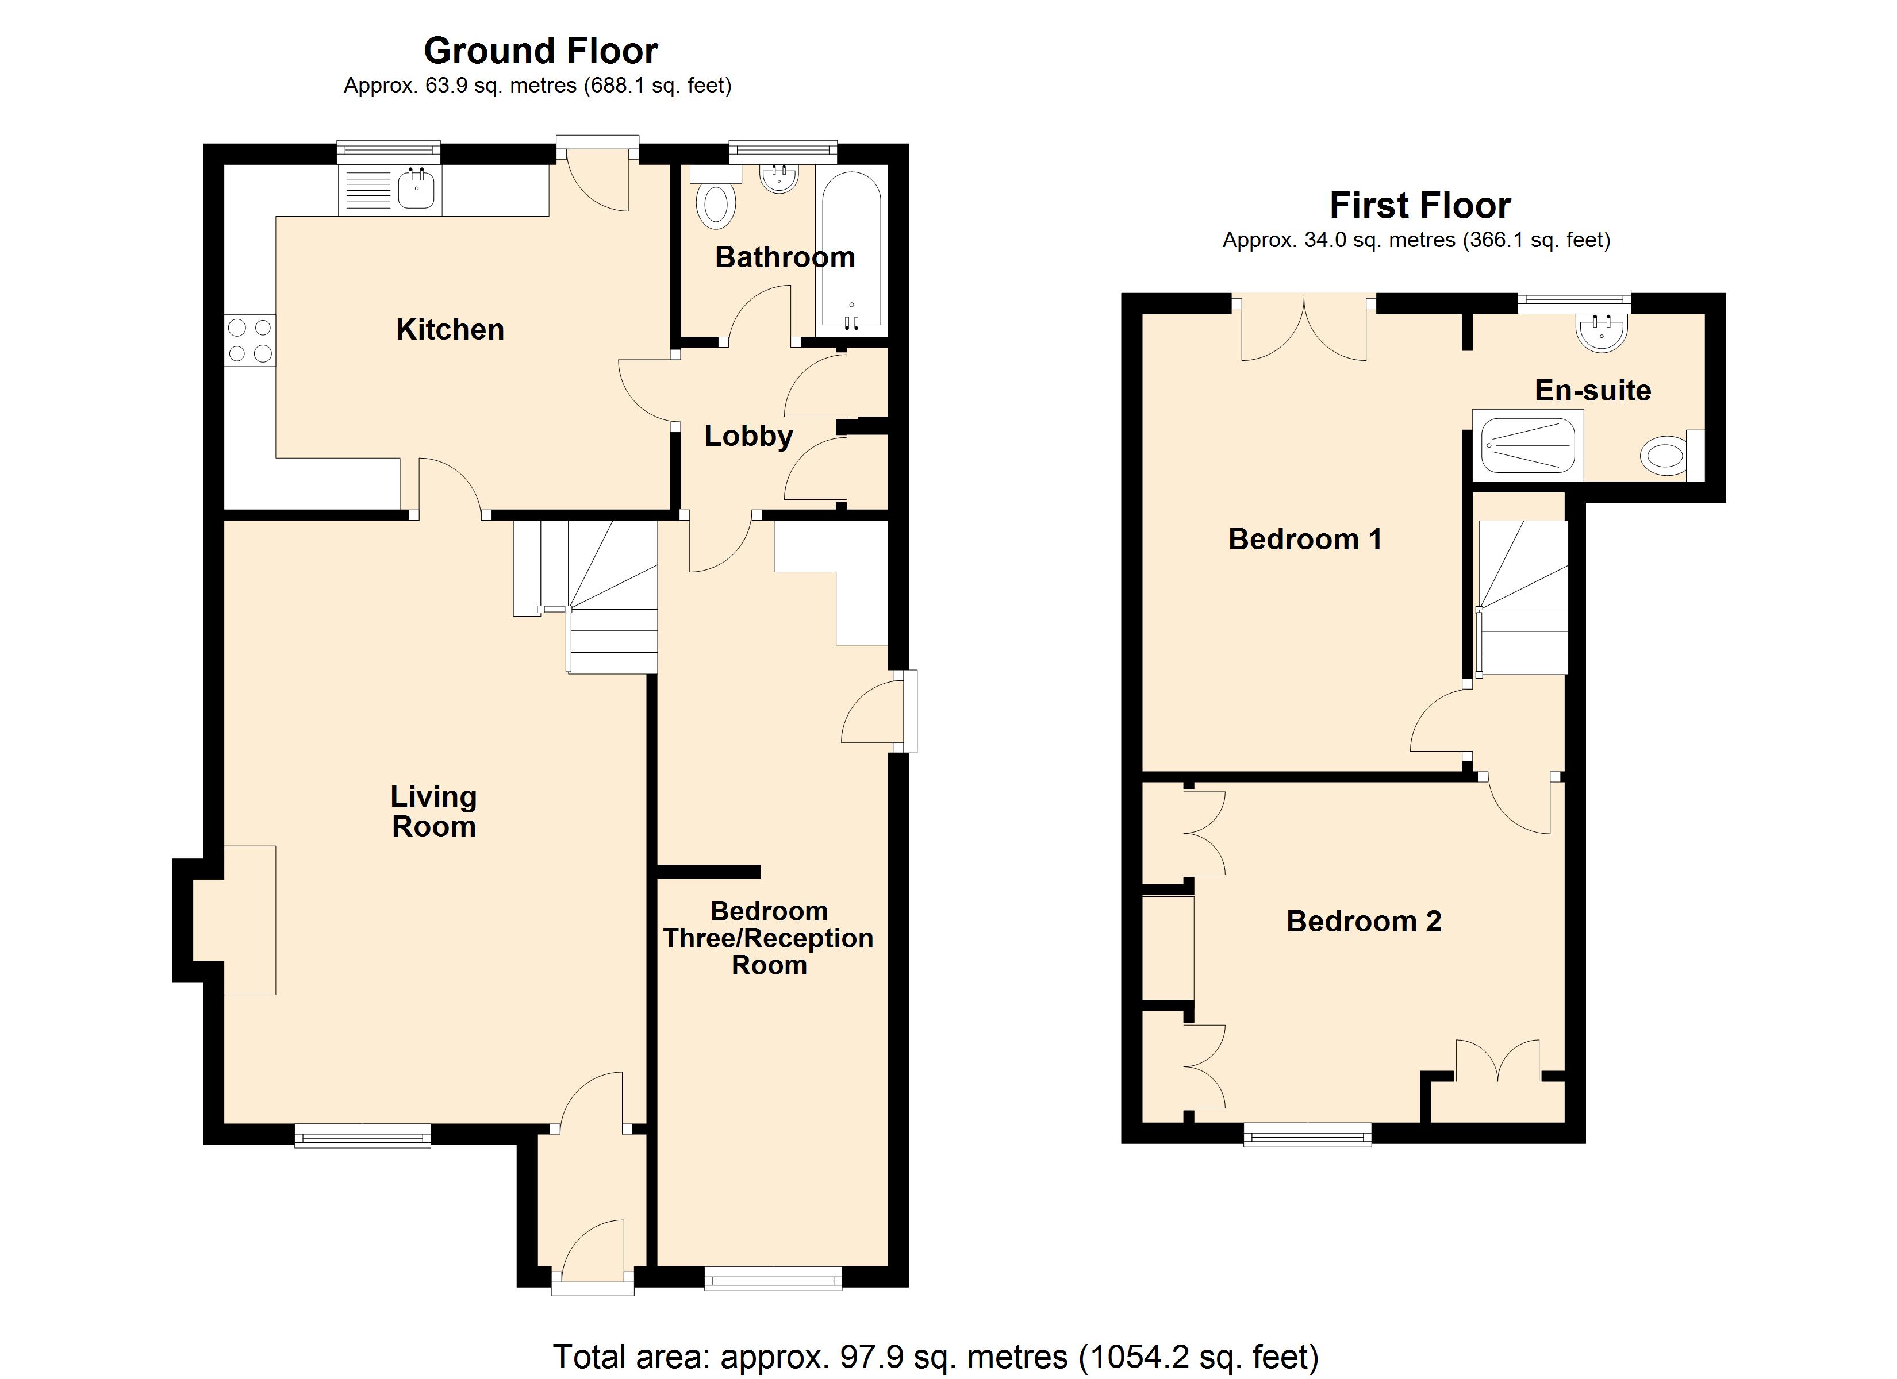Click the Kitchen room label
(450, 329)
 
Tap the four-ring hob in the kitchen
(249, 340)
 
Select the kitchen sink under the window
(416, 189)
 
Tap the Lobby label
(748, 436)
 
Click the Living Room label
(433, 811)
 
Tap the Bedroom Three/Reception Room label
(768, 938)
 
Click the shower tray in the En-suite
(1527, 446)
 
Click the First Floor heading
(1419, 206)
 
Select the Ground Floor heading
(540, 51)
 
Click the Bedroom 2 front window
(1307, 1135)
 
